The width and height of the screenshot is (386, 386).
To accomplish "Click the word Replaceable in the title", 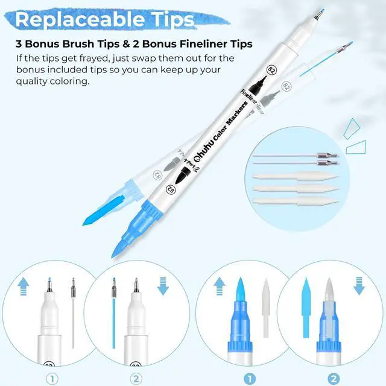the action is tap(80, 20).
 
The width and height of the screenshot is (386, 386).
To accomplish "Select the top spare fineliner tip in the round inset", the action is tap(297, 156).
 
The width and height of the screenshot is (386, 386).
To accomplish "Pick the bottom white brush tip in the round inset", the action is tap(296, 201).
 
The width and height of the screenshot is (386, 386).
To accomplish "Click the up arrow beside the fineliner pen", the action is tap(24, 286).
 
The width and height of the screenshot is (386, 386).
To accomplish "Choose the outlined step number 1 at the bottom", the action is tap(52, 379).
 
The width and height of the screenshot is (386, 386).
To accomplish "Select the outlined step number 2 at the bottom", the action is tap(136, 379).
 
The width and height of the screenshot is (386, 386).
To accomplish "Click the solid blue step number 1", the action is tap(250, 379).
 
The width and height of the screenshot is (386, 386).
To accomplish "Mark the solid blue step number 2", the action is tap(334, 379).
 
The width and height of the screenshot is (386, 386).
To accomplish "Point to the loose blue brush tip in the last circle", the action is tap(306, 308).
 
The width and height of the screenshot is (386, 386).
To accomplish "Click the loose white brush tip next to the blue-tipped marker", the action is tap(266, 308).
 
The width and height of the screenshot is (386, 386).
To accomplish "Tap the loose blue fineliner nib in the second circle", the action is tap(114, 313).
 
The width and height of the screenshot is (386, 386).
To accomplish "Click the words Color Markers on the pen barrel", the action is tap(229, 122).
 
